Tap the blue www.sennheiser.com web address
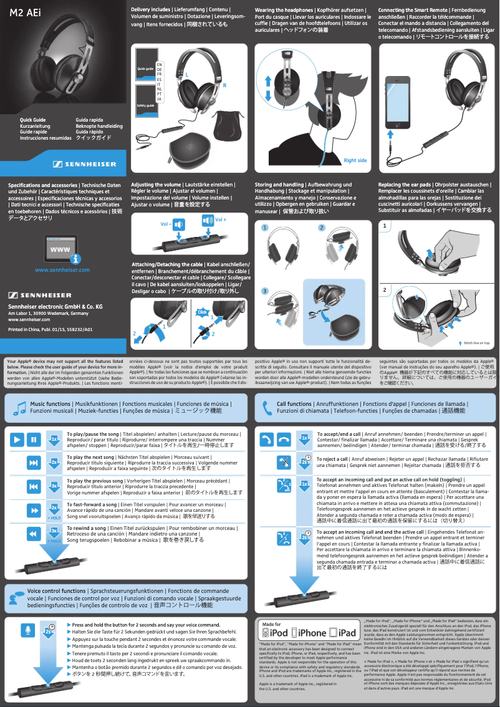62,270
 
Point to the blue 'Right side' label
355,161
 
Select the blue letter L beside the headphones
186,74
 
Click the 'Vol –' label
165,223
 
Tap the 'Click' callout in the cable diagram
201,312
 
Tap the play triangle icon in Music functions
17,440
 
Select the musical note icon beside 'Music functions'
19,408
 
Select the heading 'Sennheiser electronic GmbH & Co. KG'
55,307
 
